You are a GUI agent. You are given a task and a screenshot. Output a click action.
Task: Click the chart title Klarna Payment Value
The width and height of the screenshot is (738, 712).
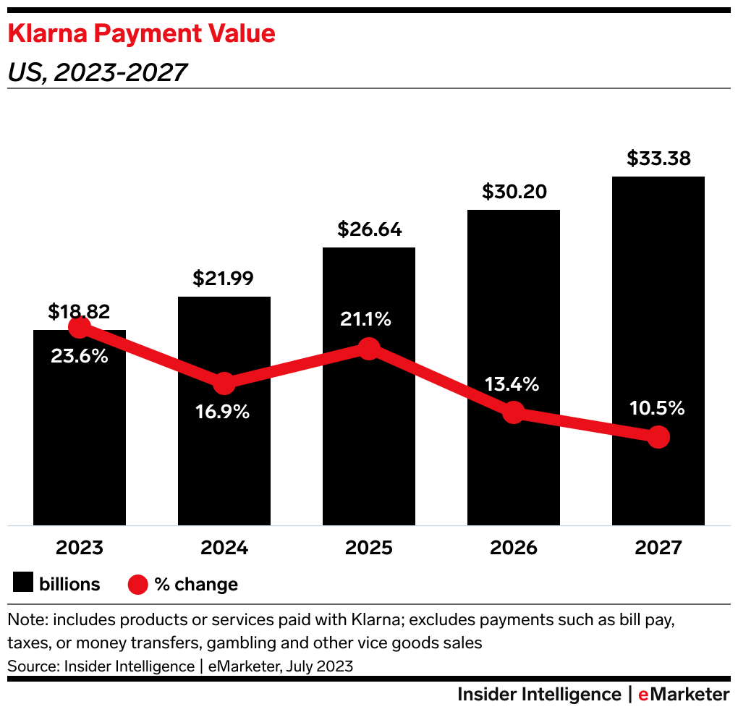pyautogui.click(x=141, y=34)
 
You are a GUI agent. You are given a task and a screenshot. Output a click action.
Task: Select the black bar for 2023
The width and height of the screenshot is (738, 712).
pyautogui.click(x=80, y=449)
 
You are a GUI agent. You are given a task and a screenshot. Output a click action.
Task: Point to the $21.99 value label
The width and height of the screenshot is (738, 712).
pyautogui.click(x=224, y=279)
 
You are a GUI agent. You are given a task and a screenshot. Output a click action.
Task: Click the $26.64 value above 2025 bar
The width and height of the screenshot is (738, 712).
pyautogui.click(x=369, y=229)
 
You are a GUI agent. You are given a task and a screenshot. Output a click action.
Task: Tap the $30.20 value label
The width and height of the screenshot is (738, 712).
pyautogui.click(x=514, y=192)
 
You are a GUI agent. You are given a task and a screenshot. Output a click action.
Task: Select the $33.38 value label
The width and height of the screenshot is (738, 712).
pyautogui.click(x=658, y=158)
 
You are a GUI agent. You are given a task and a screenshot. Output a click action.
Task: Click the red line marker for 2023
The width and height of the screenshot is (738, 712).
pyautogui.click(x=80, y=328)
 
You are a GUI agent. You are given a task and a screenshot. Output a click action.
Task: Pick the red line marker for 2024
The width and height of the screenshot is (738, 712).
pyautogui.click(x=224, y=383)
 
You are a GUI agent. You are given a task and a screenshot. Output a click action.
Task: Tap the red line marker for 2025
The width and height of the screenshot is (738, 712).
pyautogui.click(x=369, y=349)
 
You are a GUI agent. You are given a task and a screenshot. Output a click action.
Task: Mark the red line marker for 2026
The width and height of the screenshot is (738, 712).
pyautogui.click(x=513, y=412)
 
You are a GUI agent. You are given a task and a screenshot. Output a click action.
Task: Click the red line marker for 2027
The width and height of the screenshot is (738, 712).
pyautogui.click(x=658, y=437)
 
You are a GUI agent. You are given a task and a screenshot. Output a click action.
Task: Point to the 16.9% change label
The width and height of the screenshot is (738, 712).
pyautogui.click(x=223, y=412)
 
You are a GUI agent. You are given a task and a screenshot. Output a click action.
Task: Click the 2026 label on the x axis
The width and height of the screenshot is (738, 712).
pyautogui.click(x=514, y=548)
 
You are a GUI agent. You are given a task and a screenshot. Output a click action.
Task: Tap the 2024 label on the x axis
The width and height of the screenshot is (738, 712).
pyautogui.click(x=224, y=548)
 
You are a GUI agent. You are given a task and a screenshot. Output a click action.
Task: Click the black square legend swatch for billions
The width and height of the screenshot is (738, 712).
pyautogui.click(x=23, y=584)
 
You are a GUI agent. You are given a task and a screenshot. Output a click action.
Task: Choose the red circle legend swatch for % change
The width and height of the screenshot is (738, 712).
pyautogui.click(x=137, y=584)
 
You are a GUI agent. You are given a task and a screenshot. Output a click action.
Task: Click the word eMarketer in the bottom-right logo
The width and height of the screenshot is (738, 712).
pyautogui.click(x=683, y=695)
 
